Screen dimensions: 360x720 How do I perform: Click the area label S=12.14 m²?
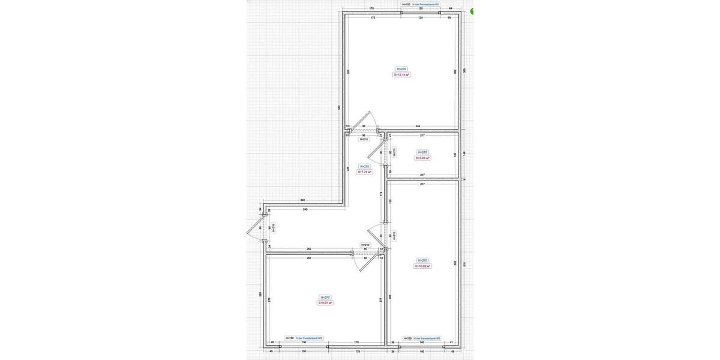tap(401, 75)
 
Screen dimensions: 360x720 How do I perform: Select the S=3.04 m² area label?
tap(422, 158)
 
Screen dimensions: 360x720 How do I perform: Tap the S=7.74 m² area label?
tap(365, 172)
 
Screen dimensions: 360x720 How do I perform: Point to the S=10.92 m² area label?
tap(422, 266)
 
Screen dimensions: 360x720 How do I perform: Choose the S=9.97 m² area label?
tap(325, 303)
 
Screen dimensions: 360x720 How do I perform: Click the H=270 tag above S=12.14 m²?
tap(401, 69)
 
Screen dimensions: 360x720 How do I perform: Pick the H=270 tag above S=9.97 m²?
tap(325, 297)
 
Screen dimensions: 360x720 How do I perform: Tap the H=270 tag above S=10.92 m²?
tap(422, 260)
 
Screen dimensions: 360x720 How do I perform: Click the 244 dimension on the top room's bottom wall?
tap(418, 126)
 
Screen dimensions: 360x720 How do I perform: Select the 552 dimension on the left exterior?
tap(339, 107)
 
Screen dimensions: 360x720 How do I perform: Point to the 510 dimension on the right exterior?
tap(464, 263)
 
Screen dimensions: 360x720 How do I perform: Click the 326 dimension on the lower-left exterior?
tap(260, 294)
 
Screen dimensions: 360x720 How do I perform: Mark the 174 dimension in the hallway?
tap(381, 193)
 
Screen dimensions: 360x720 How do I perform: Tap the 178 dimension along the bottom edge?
tap(358, 352)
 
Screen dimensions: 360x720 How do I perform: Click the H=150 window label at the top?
tap(406, 4)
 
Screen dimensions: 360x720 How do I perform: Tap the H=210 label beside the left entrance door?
tap(274, 228)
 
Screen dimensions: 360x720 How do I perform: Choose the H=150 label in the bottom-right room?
tap(407, 338)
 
